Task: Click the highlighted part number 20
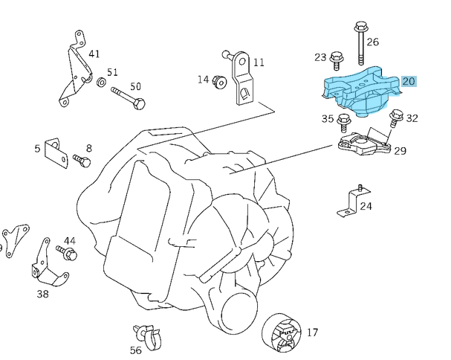point(409,81)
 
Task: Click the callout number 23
point(320,57)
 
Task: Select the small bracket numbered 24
point(350,202)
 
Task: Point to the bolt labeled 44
point(68,254)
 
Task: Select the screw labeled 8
point(82,159)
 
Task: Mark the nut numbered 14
point(220,81)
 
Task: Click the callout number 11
point(259,62)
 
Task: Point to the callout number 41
point(94,54)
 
